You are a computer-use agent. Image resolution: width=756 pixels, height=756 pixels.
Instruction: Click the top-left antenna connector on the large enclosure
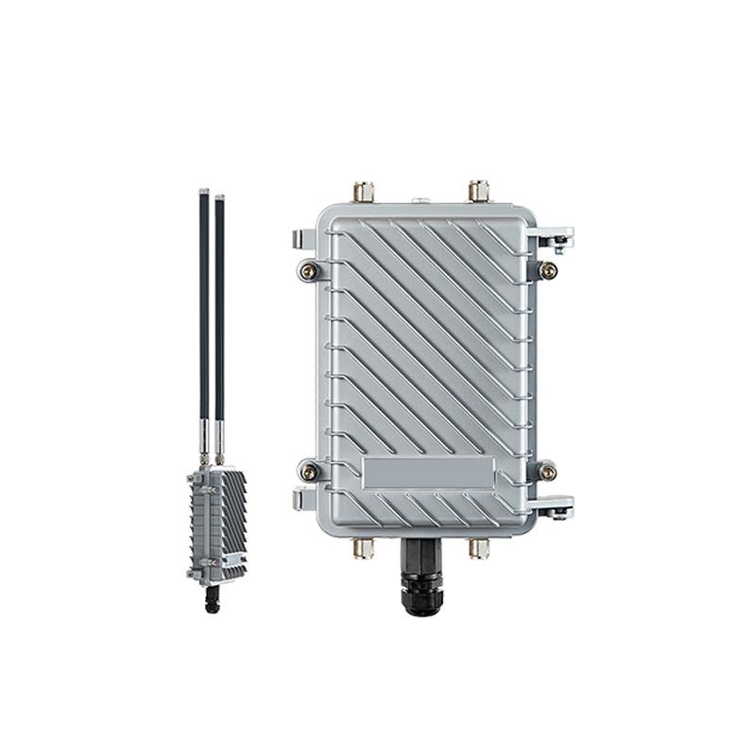point(363,192)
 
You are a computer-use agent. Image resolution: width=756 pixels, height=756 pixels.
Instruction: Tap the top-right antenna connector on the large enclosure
point(479,191)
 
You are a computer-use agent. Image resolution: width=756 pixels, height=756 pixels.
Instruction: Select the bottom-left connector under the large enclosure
point(363,548)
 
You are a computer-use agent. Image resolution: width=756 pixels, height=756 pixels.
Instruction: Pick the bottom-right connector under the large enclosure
point(479,548)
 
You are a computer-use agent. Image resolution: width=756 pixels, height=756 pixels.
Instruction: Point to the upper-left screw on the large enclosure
point(308,271)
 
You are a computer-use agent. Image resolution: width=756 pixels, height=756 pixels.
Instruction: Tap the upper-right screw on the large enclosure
point(547,271)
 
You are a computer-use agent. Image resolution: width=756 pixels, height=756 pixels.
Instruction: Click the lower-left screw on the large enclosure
point(308,470)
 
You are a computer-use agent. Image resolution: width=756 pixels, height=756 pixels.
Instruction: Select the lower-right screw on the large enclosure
point(547,470)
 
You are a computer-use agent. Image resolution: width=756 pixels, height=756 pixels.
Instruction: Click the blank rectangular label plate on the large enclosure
point(428,473)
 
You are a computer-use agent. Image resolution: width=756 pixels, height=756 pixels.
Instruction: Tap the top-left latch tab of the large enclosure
point(301,237)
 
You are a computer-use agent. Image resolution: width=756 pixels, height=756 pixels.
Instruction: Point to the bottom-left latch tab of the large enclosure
point(301,498)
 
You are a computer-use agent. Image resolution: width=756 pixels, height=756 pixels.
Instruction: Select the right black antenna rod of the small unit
point(219,302)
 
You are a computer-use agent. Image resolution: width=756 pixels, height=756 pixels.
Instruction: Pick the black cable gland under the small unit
point(212,598)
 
